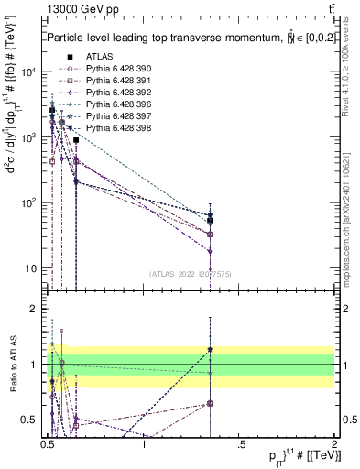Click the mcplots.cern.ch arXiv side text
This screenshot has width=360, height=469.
pyautogui.click(x=352, y=211)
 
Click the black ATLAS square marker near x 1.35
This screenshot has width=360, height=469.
pyautogui.click(x=211, y=221)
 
